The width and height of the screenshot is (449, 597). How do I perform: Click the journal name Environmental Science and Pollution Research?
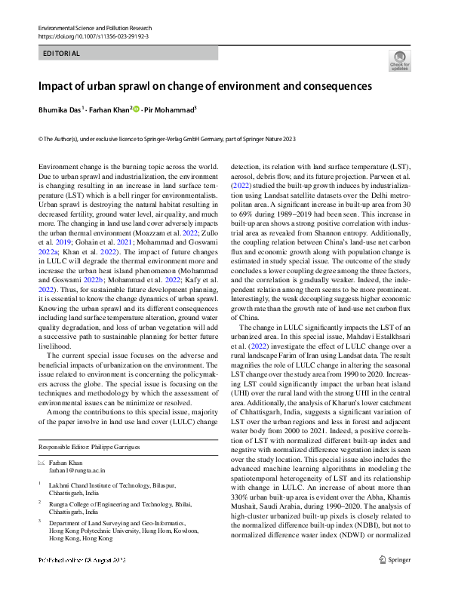(94, 27)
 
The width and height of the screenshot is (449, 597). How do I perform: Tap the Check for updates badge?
(399, 60)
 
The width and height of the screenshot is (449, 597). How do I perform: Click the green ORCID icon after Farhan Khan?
(137, 109)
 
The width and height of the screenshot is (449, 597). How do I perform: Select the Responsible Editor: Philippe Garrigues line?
(91, 448)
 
